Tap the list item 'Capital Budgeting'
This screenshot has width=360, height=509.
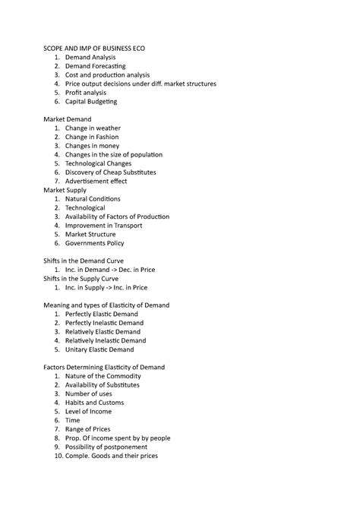pos(91,101)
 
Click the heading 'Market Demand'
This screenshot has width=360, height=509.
pos(67,119)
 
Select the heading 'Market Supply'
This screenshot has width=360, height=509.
pos(65,190)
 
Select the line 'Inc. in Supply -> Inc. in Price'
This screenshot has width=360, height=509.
pos(106,288)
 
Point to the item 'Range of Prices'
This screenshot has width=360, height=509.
pos(87,428)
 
